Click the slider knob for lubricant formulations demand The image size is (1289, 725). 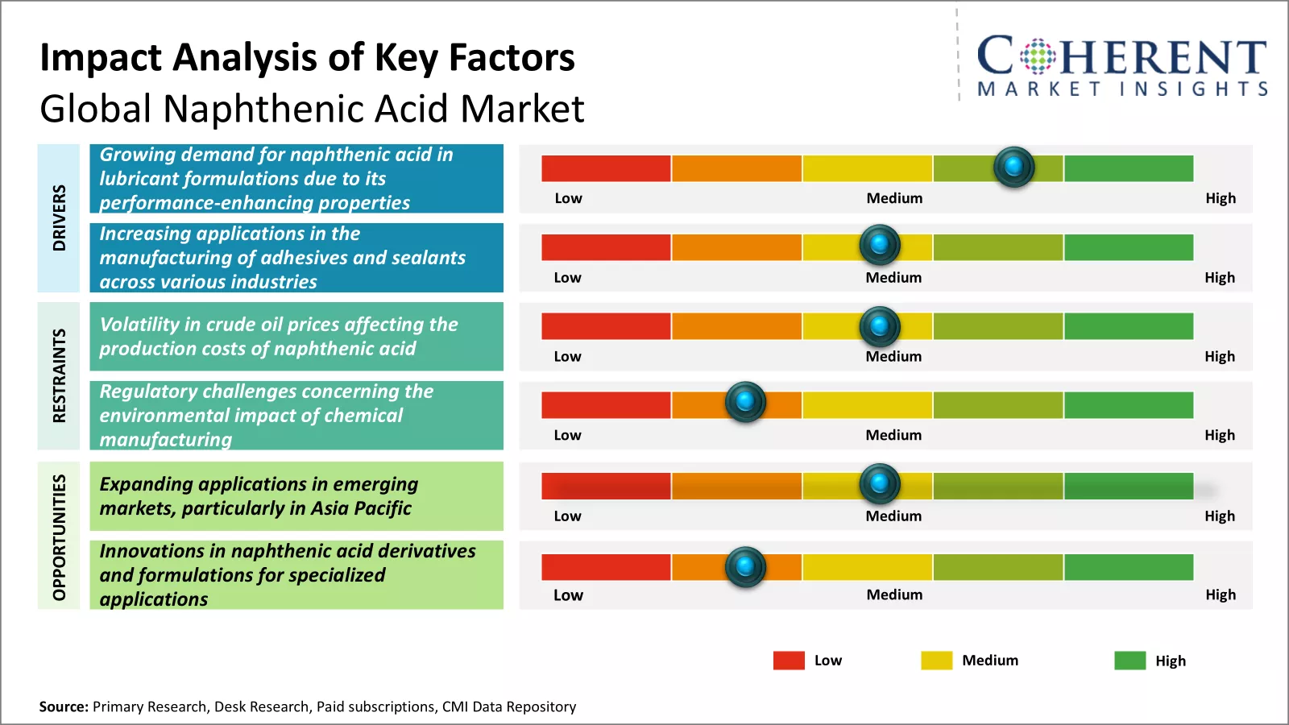point(1013,167)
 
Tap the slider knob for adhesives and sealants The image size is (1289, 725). point(880,244)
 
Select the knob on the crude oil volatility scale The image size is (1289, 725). point(880,326)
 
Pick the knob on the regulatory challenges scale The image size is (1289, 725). point(745,401)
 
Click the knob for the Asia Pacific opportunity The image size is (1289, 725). point(880,483)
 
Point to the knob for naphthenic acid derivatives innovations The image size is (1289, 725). point(745,566)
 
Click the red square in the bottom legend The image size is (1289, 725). point(789,661)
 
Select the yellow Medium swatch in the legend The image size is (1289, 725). point(936,661)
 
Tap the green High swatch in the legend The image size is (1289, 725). point(1129,661)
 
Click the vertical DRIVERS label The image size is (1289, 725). point(59,217)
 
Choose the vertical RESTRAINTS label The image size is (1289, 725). point(59,375)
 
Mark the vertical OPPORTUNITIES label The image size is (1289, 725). point(59,536)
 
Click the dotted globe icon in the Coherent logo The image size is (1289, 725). point(1038,56)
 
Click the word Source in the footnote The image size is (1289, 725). point(63,706)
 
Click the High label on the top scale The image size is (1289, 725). point(1221,198)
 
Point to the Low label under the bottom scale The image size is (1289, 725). point(568,595)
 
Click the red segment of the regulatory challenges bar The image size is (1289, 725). point(606,404)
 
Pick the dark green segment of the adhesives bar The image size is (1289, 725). point(1128,247)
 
